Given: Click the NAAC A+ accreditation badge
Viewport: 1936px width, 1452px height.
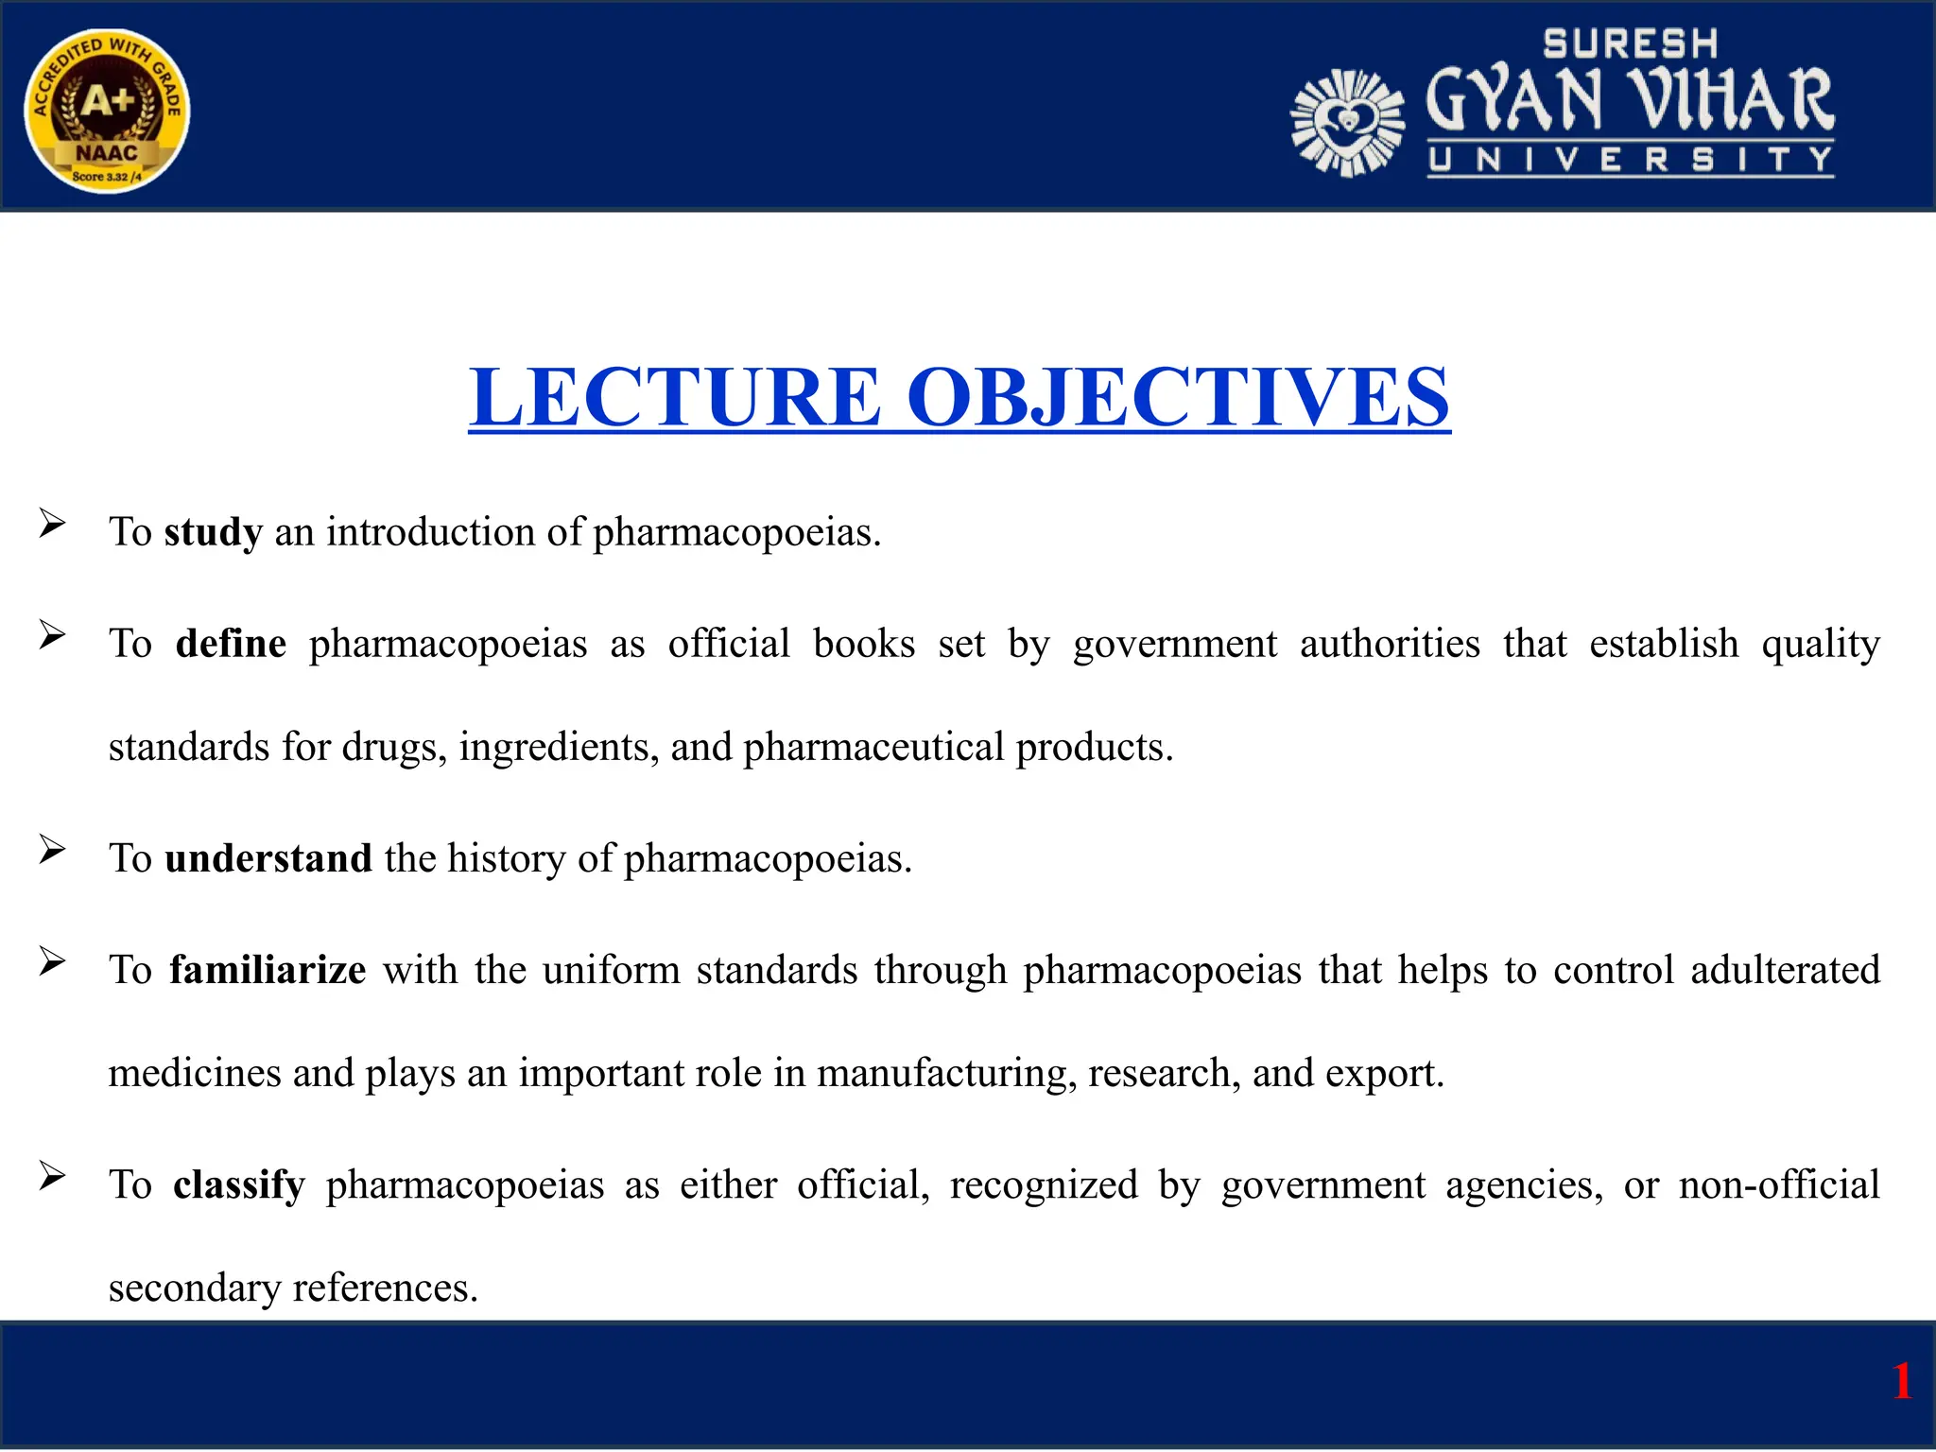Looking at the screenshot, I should click(x=107, y=112).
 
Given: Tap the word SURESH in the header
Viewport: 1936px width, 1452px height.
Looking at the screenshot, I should click(x=1630, y=44).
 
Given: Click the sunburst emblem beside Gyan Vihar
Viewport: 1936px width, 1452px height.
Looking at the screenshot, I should click(x=1347, y=123).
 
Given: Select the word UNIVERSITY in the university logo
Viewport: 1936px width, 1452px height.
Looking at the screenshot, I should click(x=1630, y=160).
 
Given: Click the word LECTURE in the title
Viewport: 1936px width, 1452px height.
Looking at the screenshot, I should click(x=675, y=398).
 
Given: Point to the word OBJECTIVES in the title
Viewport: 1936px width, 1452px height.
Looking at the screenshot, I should click(x=1178, y=398).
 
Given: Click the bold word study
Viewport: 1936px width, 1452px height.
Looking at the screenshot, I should click(x=213, y=532).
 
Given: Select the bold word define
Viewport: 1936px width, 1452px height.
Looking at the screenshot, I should click(x=231, y=644).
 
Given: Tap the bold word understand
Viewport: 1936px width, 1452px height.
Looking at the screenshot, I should click(x=268, y=858).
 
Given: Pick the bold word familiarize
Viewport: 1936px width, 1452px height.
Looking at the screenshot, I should click(x=268, y=970).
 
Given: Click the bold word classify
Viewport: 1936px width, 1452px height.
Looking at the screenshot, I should click(x=238, y=1184).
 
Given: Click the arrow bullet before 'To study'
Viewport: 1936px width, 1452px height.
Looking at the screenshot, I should click(x=52, y=523).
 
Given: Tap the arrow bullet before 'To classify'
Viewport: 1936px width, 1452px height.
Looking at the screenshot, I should click(x=52, y=1176).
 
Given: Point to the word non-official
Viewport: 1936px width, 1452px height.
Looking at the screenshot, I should click(x=1779, y=1184).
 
